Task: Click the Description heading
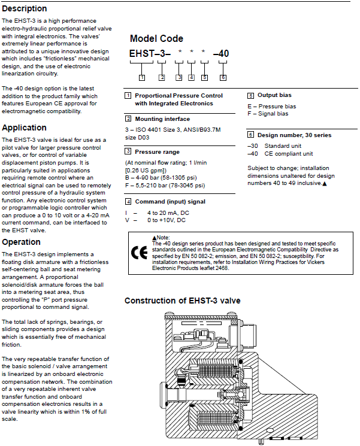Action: (25, 8)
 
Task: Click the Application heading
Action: (25, 128)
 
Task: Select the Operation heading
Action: (22, 242)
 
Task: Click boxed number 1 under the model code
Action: (141, 77)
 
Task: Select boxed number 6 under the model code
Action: (223, 77)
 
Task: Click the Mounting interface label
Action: (162, 119)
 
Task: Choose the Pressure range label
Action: (158, 152)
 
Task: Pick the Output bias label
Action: (276, 95)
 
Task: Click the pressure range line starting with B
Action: (165, 177)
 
